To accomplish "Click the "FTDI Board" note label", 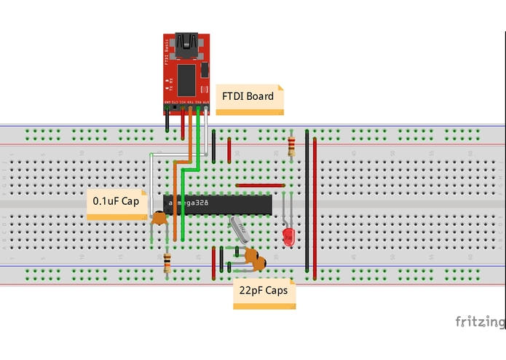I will click(x=249, y=96).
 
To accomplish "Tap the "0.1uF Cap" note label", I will click(x=115, y=201).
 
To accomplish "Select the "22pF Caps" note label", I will click(x=263, y=290).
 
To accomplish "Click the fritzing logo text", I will click(x=479, y=321).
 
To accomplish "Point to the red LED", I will click(x=289, y=235).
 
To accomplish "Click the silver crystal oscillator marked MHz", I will click(x=240, y=230).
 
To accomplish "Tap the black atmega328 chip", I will click(x=218, y=204).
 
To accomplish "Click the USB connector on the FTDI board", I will click(x=194, y=46).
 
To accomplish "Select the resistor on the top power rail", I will click(x=291, y=146).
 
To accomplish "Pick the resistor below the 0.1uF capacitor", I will click(x=167, y=262).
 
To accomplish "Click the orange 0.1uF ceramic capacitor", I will click(x=158, y=216).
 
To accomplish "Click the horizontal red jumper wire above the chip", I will click(x=260, y=185).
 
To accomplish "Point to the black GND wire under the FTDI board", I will click(x=168, y=120).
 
